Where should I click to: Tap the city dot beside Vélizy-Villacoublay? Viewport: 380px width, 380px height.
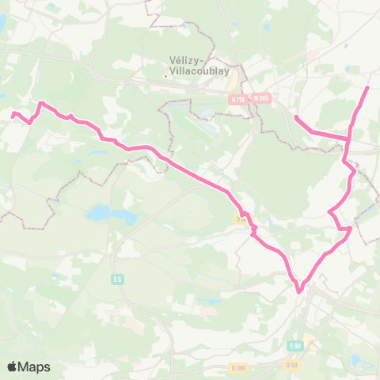pyautogui.click(x=165, y=77)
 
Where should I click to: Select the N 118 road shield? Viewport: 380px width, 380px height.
pyautogui.click(x=237, y=100)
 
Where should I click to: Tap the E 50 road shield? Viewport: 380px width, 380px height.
pyautogui.click(x=295, y=346)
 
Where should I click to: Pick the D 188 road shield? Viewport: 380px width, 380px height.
pyautogui.click(x=238, y=368)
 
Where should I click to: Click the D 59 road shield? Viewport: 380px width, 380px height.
pyautogui.click(x=291, y=364)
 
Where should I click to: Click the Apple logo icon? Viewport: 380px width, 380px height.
pyautogui.click(x=13, y=367)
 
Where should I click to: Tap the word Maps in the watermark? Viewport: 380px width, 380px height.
pyautogui.click(x=36, y=367)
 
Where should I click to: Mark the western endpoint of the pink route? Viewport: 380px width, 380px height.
pyautogui.click(x=13, y=115)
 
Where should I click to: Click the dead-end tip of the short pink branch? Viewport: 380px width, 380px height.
pyautogui.click(x=295, y=117)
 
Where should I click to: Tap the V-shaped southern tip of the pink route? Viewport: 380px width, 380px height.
pyautogui.click(x=299, y=291)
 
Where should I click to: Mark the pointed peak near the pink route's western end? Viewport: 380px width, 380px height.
pyautogui.click(x=41, y=103)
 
